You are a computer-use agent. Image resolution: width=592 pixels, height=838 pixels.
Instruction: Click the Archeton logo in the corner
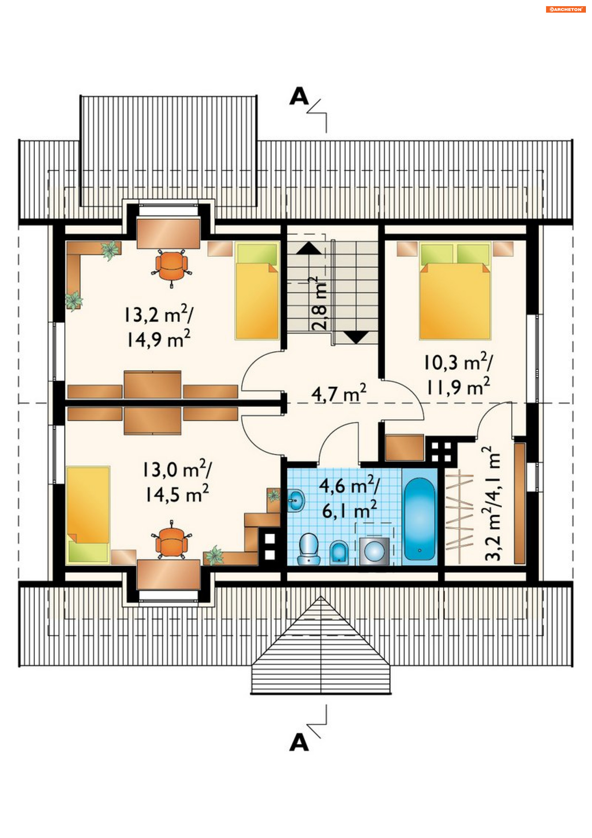pos(565,10)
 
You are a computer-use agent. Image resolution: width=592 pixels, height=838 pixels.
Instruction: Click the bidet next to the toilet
pos(339,553)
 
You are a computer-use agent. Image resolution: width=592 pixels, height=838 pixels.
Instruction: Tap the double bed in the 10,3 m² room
pos(455,291)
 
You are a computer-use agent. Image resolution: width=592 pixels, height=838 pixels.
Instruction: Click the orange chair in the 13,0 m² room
pos(171,539)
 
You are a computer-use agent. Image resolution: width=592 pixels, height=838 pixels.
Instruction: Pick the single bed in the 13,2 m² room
pos(257,291)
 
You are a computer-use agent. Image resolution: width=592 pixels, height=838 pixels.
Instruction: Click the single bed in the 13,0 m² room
pos(88,515)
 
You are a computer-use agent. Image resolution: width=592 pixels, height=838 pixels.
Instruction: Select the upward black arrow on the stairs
pos(309,248)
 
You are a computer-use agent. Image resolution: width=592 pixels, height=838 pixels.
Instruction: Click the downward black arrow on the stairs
pos(356,337)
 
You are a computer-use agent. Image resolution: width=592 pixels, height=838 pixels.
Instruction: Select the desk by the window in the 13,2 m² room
pos(168,233)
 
